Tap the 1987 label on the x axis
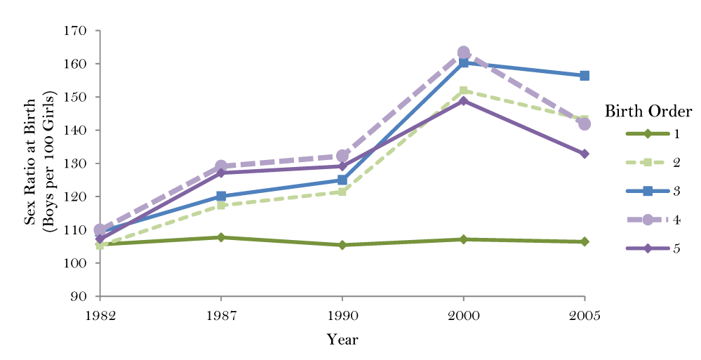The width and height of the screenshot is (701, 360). tap(221, 315)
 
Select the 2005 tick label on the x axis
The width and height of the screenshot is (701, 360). tap(584, 315)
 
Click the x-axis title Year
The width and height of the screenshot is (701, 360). tap(342, 340)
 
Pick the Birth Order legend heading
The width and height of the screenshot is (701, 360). tap(648, 112)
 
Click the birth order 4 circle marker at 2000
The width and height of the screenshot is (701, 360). tap(463, 53)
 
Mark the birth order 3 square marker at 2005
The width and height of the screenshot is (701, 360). tap(585, 76)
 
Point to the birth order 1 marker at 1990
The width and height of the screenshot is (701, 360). tap(342, 245)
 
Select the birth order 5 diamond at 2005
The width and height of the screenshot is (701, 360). tap(585, 154)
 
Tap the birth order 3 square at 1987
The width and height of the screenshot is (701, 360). tap(221, 196)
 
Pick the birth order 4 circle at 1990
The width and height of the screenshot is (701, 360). tap(342, 156)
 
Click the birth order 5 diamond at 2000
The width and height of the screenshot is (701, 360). tap(463, 101)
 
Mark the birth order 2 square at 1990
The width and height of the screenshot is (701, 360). tap(342, 191)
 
